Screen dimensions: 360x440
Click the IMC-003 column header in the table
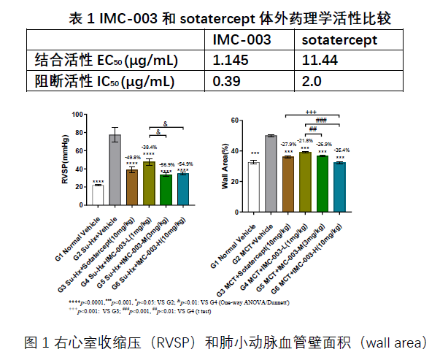tap(242, 39)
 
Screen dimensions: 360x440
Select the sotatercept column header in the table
tap(339, 39)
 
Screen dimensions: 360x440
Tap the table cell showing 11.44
tap(320, 60)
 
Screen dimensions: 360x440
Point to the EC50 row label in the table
tap(107, 60)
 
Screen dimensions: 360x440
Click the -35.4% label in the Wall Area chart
tap(339, 150)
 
